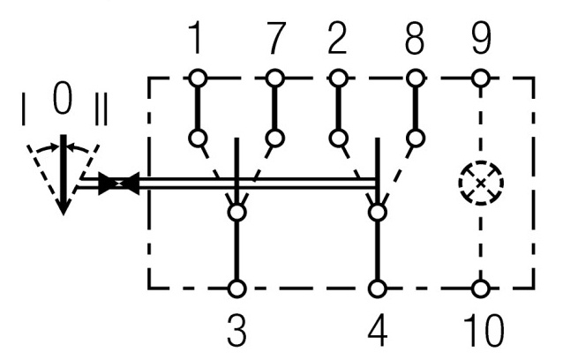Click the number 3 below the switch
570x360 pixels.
click(236, 332)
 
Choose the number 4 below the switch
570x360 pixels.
click(379, 332)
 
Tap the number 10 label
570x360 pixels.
click(481, 332)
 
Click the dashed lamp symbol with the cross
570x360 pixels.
click(480, 184)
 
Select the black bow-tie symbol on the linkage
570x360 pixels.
click(117, 184)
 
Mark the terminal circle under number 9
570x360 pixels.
click(481, 79)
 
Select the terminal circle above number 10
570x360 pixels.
click(481, 288)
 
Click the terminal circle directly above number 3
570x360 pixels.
click(236, 288)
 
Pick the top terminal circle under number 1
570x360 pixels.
click(197, 79)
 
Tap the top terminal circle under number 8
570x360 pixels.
click(414, 79)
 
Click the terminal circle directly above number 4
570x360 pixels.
click(379, 288)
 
